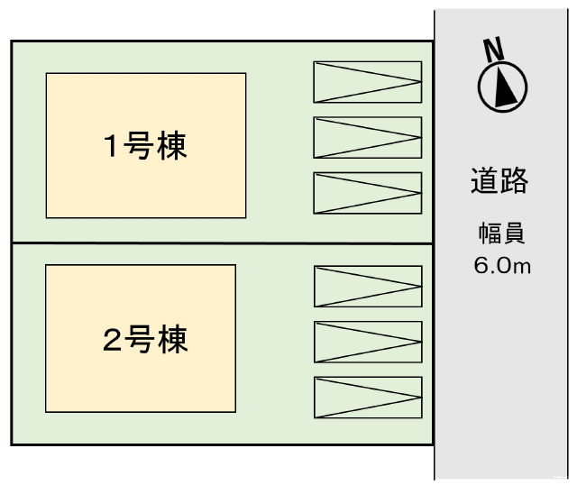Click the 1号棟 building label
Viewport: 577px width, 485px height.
coord(145,146)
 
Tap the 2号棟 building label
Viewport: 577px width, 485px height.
coord(145,339)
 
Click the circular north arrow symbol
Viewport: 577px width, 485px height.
coord(502,87)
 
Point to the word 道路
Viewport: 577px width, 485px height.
coord(499,180)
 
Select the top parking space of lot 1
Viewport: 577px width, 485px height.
coord(367,82)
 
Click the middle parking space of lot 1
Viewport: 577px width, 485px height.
coord(367,138)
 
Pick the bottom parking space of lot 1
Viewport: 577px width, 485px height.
coord(367,193)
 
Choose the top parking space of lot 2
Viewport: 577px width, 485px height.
coord(368,287)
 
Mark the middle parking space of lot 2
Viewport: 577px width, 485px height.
coord(368,342)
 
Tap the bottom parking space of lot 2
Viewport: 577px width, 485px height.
coord(368,398)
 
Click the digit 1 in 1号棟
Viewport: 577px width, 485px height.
coord(111,147)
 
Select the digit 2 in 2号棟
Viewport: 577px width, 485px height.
coord(112,340)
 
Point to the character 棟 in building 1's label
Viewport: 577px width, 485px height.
coord(172,146)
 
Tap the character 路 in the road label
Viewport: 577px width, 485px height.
coord(514,180)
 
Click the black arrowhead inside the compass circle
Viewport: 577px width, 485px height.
coord(507,88)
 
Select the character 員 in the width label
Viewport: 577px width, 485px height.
coord(513,234)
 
